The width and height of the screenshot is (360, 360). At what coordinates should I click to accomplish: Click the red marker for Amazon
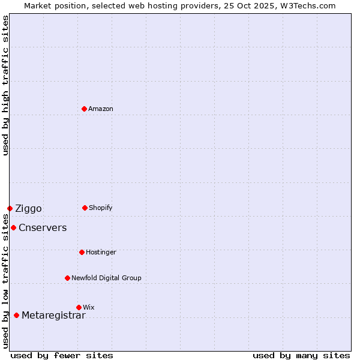pyautogui.click(x=84, y=109)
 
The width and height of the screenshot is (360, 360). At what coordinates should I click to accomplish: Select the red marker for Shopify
pyautogui.click(x=85, y=208)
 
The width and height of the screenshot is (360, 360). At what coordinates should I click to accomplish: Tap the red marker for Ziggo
pyautogui.click(x=10, y=208)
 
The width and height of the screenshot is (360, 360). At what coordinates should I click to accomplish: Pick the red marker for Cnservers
pyautogui.click(x=13, y=227)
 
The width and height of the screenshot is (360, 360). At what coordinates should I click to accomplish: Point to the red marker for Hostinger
pyautogui.click(x=82, y=252)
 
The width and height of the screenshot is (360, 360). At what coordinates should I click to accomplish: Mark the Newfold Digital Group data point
pyautogui.click(x=67, y=278)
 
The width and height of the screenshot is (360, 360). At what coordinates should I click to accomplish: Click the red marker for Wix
pyautogui.click(x=79, y=307)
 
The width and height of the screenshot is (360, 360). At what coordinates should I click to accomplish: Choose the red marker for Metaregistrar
pyautogui.click(x=16, y=315)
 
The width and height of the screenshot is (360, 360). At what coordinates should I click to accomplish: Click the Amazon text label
pyautogui.click(x=101, y=109)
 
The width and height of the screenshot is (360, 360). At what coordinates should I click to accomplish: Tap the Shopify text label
pyautogui.click(x=101, y=208)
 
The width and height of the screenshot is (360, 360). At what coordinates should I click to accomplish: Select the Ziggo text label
pyautogui.click(x=28, y=209)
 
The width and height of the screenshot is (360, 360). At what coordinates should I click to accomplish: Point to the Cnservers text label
pyautogui.click(x=43, y=228)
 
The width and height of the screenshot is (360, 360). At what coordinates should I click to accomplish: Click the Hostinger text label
pyautogui.click(x=101, y=252)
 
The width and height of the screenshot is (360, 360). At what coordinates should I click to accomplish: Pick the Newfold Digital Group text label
pyautogui.click(x=106, y=278)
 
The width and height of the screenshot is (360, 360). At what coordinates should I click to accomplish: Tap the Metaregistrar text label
pyautogui.click(x=53, y=316)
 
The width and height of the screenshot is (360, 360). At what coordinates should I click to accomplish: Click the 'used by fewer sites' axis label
pyautogui.click(x=62, y=355)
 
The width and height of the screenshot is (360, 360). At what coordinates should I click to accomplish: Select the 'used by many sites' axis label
pyautogui.click(x=301, y=355)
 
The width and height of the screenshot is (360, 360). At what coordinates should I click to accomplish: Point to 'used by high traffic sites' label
pyautogui.click(x=5, y=85)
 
